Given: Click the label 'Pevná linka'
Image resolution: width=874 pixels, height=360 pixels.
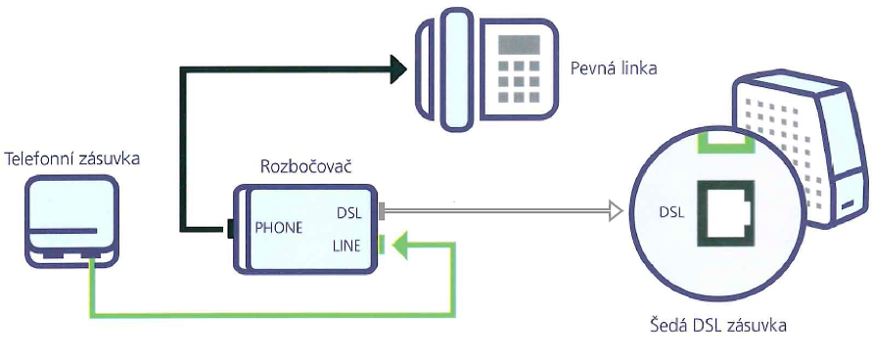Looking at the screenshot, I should (614, 69).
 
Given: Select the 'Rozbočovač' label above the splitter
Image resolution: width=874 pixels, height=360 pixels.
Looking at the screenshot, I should (305, 166).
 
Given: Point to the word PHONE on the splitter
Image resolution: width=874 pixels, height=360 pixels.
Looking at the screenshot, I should (279, 227).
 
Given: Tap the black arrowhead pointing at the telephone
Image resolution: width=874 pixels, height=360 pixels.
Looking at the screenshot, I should (396, 68).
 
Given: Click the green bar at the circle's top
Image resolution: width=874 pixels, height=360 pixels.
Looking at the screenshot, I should (722, 143).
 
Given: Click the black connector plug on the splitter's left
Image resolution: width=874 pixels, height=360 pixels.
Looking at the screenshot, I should (228, 232).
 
